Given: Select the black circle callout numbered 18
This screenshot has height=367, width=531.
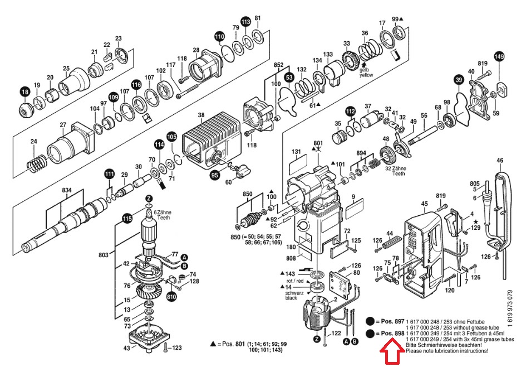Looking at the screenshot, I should tap(24, 92).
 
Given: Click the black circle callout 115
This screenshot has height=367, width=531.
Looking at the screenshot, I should tap(127, 219).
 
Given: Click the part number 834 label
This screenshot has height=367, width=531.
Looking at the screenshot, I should tap(67, 191).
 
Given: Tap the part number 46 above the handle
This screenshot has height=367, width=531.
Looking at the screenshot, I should tap(500, 161).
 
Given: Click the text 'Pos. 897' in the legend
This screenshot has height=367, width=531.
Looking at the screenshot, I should tap(390, 322).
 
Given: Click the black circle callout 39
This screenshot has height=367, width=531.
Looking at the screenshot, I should tap(458, 81).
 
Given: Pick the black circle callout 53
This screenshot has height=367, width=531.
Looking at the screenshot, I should tap(289, 77).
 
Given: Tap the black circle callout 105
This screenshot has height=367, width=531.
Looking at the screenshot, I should tap(171, 136).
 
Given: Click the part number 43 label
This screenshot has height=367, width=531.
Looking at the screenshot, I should tap(127, 348).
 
